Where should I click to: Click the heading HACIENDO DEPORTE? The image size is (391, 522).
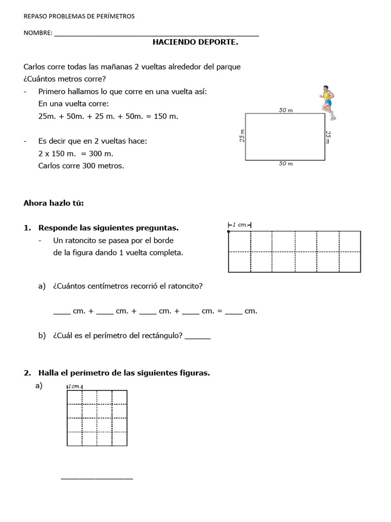[x=195, y=42]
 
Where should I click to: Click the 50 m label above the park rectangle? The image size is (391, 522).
[x=286, y=110]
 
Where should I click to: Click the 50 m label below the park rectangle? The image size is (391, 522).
[x=286, y=164]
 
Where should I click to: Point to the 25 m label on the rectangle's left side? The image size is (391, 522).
[x=242, y=136]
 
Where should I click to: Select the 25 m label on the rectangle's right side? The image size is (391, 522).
[x=328, y=137]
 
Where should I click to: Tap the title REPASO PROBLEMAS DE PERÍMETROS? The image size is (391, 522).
[x=79, y=16]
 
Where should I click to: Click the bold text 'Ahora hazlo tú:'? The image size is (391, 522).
[x=53, y=203]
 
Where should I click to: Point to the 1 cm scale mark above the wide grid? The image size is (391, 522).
[x=240, y=225]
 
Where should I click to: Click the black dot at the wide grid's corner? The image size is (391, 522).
[x=229, y=231]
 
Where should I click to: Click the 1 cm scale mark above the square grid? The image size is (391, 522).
[x=75, y=386]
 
